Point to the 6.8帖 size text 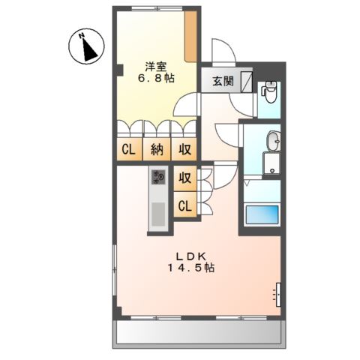point(154,77)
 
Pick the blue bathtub point(262,214)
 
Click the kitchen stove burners point(157,177)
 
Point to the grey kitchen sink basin point(158,214)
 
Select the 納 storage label point(156,148)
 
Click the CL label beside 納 point(129,148)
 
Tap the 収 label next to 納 point(184,148)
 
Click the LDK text point(186,254)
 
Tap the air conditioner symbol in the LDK point(278,295)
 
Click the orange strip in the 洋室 point(193,37)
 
